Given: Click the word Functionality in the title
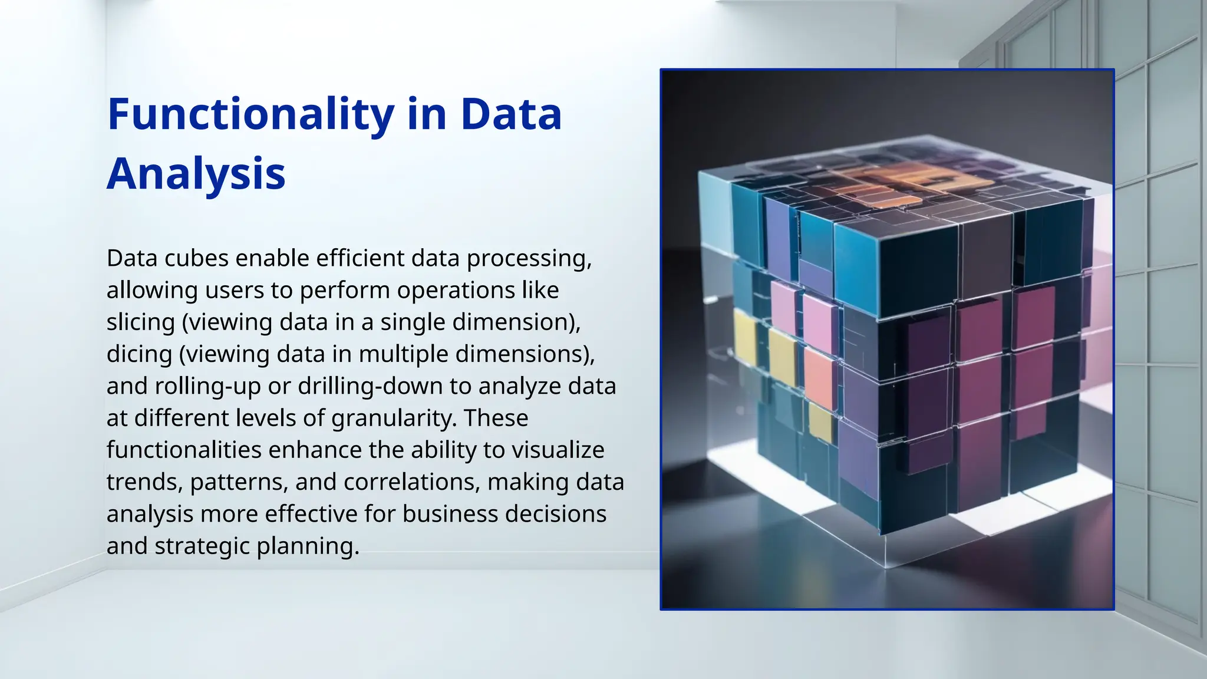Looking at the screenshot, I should [x=251, y=114].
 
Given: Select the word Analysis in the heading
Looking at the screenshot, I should [x=196, y=174].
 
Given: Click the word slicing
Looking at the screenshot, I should [x=141, y=322].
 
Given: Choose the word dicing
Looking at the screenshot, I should [x=139, y=354].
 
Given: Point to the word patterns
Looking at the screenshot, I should [x=239, y=482].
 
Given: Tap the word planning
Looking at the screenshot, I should [x=308, y=546].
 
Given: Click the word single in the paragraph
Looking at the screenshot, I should [x=412, y=322].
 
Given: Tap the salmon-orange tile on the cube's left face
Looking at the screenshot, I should [x=820, y=378].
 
